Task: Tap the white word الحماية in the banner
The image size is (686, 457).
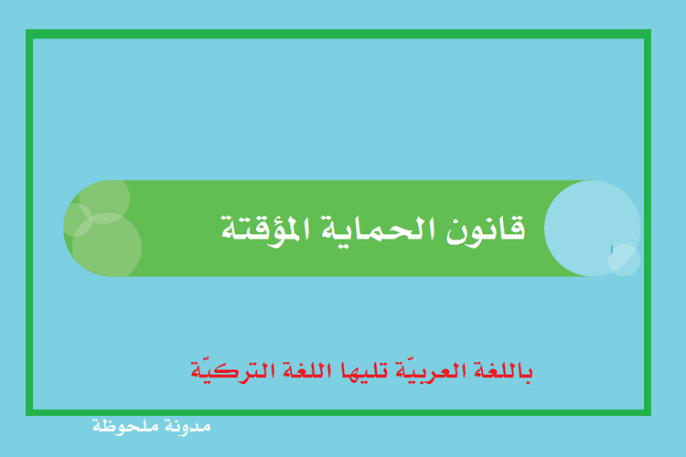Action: pos(379,228)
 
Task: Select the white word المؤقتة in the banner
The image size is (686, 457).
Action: pos(265,231)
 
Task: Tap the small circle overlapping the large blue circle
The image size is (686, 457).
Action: pos(625,260)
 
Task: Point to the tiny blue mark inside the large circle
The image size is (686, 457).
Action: pos(612,250)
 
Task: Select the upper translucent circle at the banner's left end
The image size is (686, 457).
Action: pos(104,198)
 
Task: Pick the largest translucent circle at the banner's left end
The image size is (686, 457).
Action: pos(107,246)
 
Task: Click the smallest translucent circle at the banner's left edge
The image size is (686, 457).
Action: pos(78,220)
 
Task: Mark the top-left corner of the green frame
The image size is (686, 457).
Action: pos(27,30)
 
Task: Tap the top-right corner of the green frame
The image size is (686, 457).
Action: pos(651,30)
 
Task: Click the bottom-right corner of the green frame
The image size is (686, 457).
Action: pos(651,416)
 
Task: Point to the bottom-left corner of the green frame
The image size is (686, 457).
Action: pos(27,416)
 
